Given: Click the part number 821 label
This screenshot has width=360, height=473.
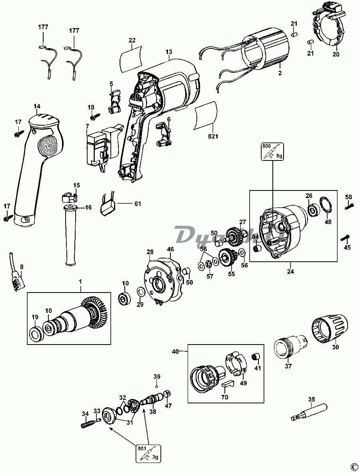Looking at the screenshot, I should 212,137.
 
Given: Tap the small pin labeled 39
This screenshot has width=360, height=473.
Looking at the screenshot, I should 157,387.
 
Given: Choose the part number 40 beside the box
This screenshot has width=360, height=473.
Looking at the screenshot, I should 175,352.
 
